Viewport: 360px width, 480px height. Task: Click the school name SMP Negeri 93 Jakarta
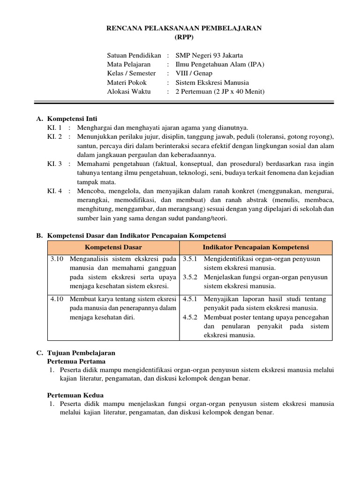[x=209, y=55]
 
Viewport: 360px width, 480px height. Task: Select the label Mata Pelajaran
[x=129, y=64]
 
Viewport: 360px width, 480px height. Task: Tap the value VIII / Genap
[x=194, y=73]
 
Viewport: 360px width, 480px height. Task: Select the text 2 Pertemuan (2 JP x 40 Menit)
[x=220, y=91]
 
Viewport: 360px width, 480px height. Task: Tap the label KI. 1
[x=54, y=127]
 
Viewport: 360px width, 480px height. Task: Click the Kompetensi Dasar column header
[x=113, y=247]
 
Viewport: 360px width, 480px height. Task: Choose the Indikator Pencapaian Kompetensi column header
[x=255, y=247]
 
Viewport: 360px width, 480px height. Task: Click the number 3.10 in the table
[x=57, y=259]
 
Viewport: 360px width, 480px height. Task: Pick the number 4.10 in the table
[x=57, y=299]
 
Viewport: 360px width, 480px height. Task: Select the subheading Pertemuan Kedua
[x=75, y=395]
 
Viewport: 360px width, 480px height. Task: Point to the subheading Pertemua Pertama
[x=76, y=361]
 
